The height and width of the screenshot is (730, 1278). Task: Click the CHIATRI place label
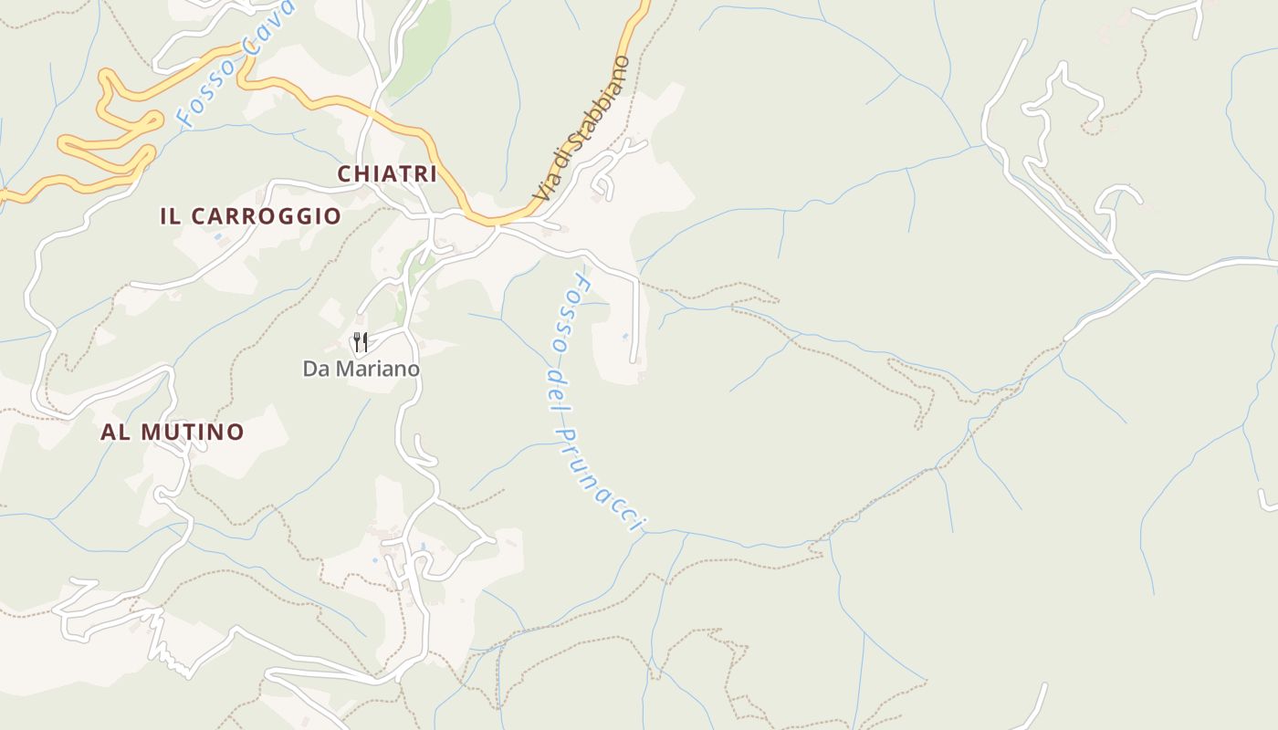point(387,173)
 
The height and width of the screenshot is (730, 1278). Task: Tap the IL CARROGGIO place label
point(250,216)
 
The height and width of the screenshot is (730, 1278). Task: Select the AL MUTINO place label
point(172,432)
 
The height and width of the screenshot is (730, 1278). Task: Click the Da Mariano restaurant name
point(361,369)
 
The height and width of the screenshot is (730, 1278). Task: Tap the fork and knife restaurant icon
point(361,343)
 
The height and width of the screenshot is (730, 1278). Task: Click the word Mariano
point(379,369)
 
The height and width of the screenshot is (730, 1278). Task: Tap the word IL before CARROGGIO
point(170,216)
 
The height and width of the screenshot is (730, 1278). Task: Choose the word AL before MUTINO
point(114,432)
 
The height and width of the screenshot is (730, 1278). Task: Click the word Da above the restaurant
point(316,369)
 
